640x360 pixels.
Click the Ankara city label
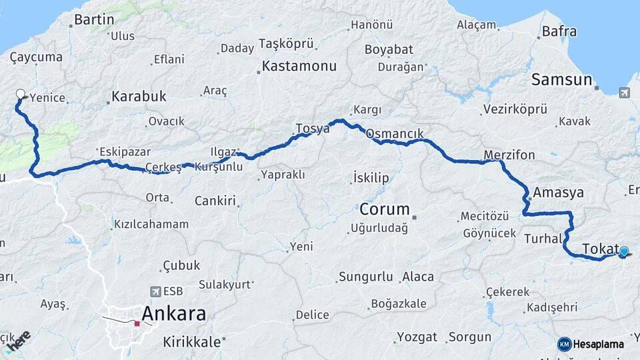click(x=173, y=313)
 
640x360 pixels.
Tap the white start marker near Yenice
click(x=20, y=95)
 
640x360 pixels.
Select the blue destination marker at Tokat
click(x=623, y=251)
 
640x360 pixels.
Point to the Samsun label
click(x=561, y=80)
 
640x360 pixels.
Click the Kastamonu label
click(x=299, y=66)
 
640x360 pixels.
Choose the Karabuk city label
click(x=139, y=96)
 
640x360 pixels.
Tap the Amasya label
click(x=559, y=193)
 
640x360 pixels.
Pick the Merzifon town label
click(x=510, y=155)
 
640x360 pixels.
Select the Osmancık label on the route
click(x=395, y=133)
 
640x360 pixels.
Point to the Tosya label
click(x=313, y=129)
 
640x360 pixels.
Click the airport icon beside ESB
click(x=156, y=291)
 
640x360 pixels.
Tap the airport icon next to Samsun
click(x=624, y=93)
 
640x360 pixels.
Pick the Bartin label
click(x=94, y=19)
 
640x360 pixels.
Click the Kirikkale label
click(x=193, y=341)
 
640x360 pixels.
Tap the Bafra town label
click(x=559, y=31)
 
